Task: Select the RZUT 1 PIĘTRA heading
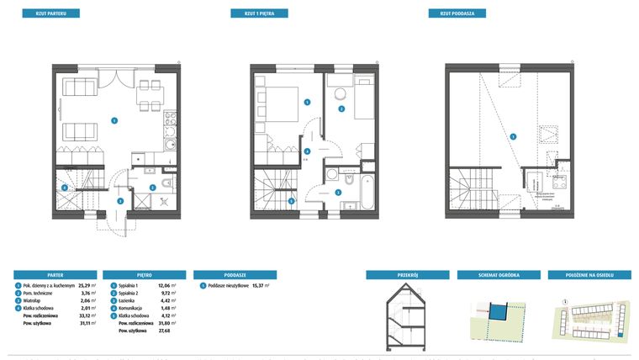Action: (x=260, y=13)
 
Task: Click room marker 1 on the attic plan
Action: (x=512, y=136)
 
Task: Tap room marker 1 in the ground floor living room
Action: (x=114, y=120)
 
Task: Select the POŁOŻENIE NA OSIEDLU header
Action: (x=589, y=274)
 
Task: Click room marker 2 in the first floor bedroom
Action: (x=341, y=109)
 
